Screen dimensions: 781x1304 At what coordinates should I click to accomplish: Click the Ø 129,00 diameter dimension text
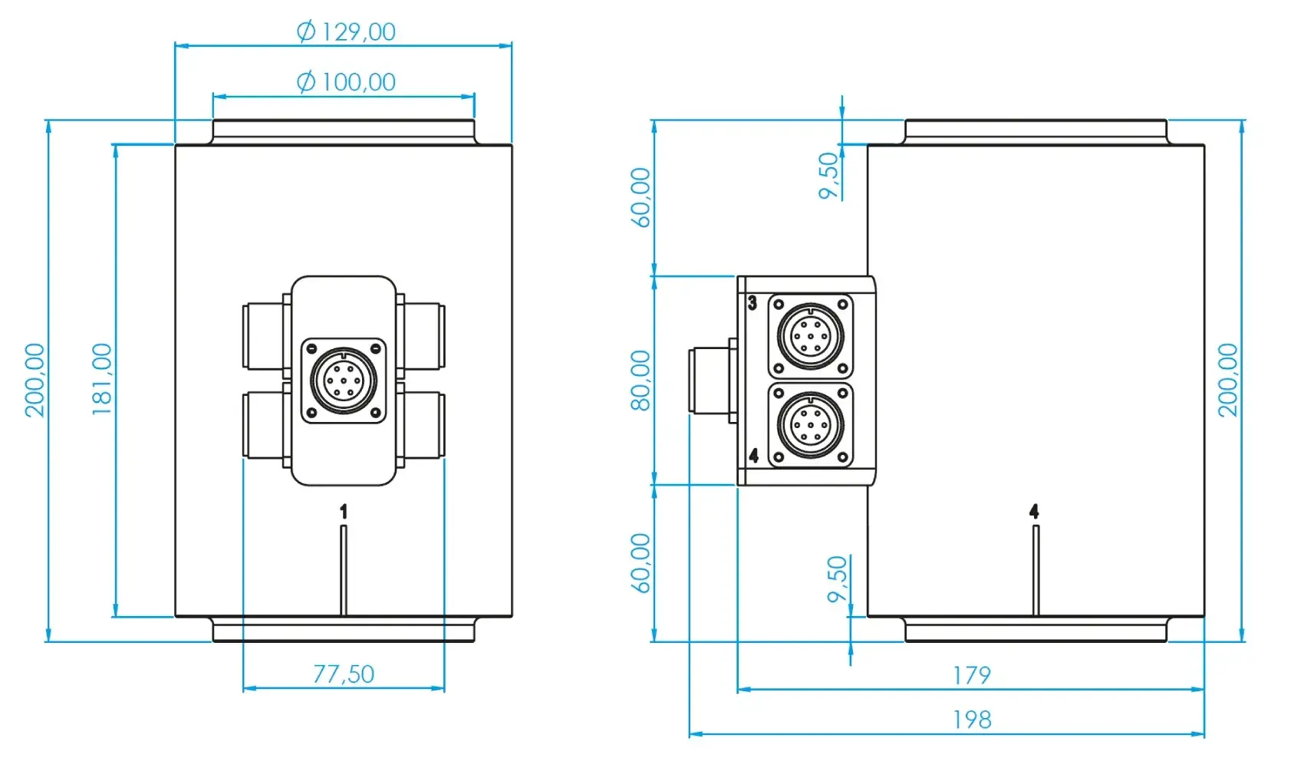click(346, 31)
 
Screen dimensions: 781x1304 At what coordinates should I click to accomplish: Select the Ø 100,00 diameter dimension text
click(346, 81)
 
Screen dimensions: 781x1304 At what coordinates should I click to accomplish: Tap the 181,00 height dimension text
click(102, 379)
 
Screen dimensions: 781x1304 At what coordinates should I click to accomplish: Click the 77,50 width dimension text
click(344, 674)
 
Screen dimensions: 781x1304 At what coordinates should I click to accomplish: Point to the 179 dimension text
click(971, 675)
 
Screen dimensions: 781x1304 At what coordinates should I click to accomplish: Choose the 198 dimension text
click(971, 720)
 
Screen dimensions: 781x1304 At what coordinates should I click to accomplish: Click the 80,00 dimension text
click(640, 381)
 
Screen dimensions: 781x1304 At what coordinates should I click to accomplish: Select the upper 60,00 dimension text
click(640, 197)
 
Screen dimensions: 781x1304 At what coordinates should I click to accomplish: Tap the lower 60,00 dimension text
click(640, 563)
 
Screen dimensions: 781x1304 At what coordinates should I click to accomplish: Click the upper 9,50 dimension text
click(829, 176)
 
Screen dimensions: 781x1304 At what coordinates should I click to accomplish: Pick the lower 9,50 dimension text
click(838, 579)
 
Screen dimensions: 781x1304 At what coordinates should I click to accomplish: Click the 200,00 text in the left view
click(35, 380)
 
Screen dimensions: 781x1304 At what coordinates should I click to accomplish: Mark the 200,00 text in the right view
click(1228, 380)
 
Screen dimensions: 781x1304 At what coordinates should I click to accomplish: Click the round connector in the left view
click(344, 380)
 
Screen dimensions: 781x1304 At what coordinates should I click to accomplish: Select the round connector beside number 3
click(811, 336)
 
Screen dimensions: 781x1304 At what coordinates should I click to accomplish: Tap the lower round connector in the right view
click(811, 425)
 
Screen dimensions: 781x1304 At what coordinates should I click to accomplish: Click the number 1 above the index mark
click(344, 511)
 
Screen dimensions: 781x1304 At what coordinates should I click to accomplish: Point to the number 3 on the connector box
click(752, 303)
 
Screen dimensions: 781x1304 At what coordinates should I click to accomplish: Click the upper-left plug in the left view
click(265, 336)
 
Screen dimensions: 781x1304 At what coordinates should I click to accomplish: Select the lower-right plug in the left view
click(421, 426)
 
